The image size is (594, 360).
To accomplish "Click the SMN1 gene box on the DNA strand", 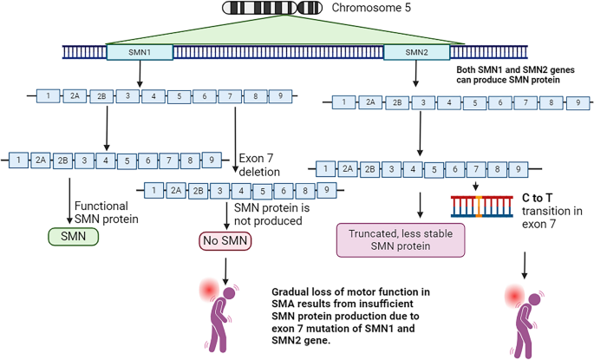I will [x=139, y=52].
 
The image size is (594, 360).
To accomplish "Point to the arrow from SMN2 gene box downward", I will [x=417, y=76].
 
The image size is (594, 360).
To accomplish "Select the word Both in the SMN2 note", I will [x=469, y=69].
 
